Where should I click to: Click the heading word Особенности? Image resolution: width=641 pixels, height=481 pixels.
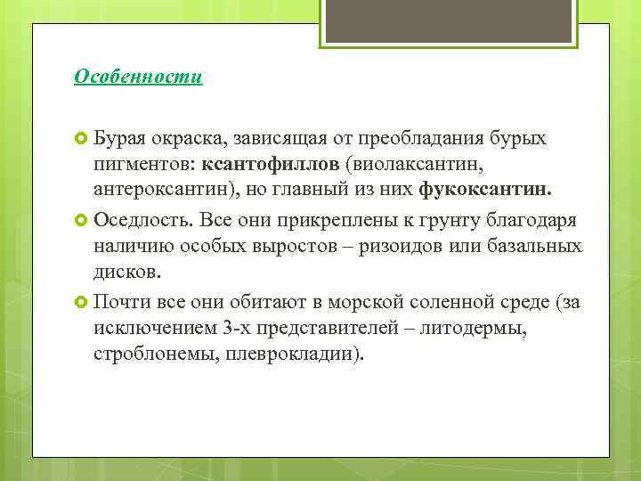click(x=138, y=77)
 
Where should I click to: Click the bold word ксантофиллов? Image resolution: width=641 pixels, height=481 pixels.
click(x=283, y=165)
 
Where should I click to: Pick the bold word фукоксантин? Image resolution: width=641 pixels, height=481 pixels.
click(x=485, y=190)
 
